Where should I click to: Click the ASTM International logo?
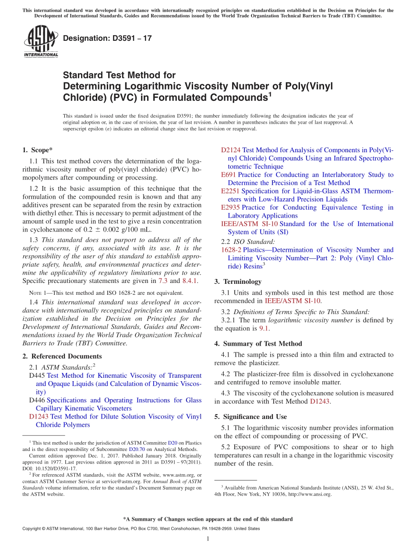(x=41, y=41)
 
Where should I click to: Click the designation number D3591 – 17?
(x=107, y=38)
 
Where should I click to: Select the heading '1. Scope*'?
(x=37, y=150)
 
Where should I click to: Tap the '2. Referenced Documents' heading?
(x=62, y=356)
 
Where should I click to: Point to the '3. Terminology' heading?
(x=238, y=282)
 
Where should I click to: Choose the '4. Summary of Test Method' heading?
(x=258, y=343)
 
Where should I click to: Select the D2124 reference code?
(x=230, y=150)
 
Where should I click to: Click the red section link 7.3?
(x=162, y=281)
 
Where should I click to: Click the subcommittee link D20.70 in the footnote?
(x=136, y=449)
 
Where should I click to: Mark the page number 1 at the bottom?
(x=208, y=539)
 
